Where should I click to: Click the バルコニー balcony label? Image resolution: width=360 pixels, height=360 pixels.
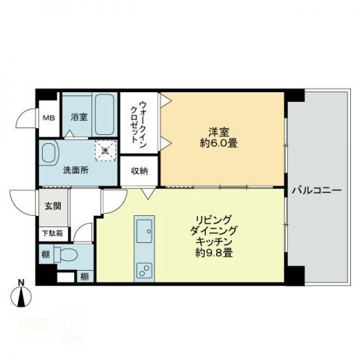click(x=316, y=190)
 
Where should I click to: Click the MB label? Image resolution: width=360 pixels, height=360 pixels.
click(x=48, y=118)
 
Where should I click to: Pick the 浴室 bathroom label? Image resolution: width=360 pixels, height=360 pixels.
click(x=79, y=118)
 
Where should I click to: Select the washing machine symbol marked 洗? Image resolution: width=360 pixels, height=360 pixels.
click(x=104, y=150)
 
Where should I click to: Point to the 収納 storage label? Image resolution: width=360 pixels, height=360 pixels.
click(x=139, y=171)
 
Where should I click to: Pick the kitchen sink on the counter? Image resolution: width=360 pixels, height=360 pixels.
click(x=144, y=229)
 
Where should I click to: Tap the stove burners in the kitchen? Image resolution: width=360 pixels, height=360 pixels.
click(x=143, y=271)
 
